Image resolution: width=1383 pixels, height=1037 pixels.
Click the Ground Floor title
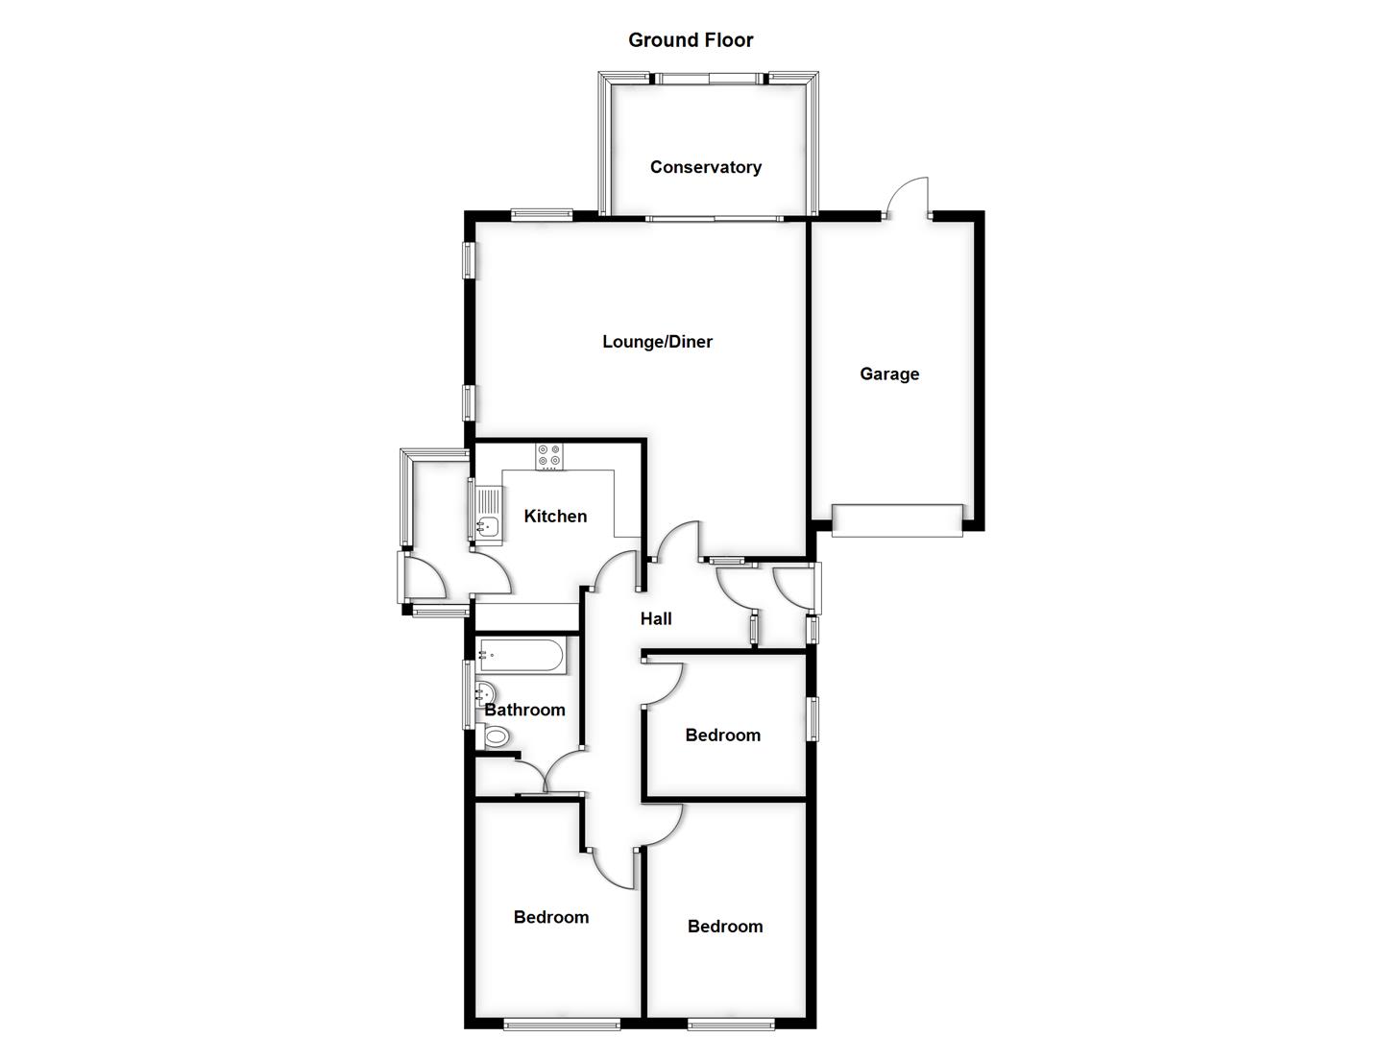(x=691, y=40)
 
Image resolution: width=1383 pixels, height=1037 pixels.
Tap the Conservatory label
(x=705, y=167)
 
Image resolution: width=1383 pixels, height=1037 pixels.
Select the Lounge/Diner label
(x=657, y=342)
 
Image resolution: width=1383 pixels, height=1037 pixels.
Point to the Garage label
(x=888, y=374)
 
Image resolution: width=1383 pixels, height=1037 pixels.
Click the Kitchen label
(x=555, y=517)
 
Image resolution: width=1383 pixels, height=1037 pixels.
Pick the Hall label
(x=656, y=619)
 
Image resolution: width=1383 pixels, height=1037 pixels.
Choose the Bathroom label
(x=524, y=711)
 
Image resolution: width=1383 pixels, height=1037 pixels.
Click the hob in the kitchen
(x=549, y=456)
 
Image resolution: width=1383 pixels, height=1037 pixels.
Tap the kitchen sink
(x=487, y=523)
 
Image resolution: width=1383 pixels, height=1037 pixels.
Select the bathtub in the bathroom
(x=521, y=657)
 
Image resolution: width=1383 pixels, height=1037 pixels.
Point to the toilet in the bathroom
(x=496, y=737)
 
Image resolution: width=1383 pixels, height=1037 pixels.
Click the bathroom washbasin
(x=486, y=693)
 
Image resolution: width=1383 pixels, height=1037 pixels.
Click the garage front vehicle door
(x=897, y=520)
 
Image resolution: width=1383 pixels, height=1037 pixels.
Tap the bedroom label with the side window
(x=722, y=736)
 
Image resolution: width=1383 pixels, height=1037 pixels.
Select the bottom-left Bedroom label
(x=551, y=918)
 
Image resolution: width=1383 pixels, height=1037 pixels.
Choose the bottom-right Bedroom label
(x=725, y=927)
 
